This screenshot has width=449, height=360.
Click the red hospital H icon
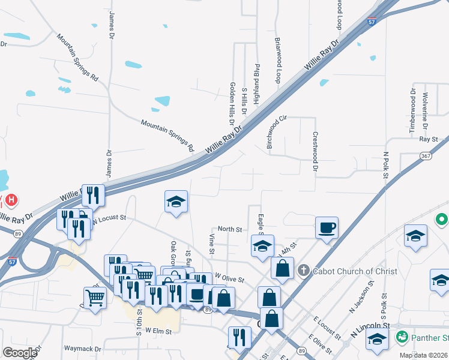11,199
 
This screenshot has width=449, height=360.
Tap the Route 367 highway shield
426,156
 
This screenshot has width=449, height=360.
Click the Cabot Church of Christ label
354,271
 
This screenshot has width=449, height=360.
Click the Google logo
19,353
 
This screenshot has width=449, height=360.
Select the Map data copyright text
424,355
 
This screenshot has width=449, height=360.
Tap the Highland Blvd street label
257,84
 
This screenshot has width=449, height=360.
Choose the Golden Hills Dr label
232,103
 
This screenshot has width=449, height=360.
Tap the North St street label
229,229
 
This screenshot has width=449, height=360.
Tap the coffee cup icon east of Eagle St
327,229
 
